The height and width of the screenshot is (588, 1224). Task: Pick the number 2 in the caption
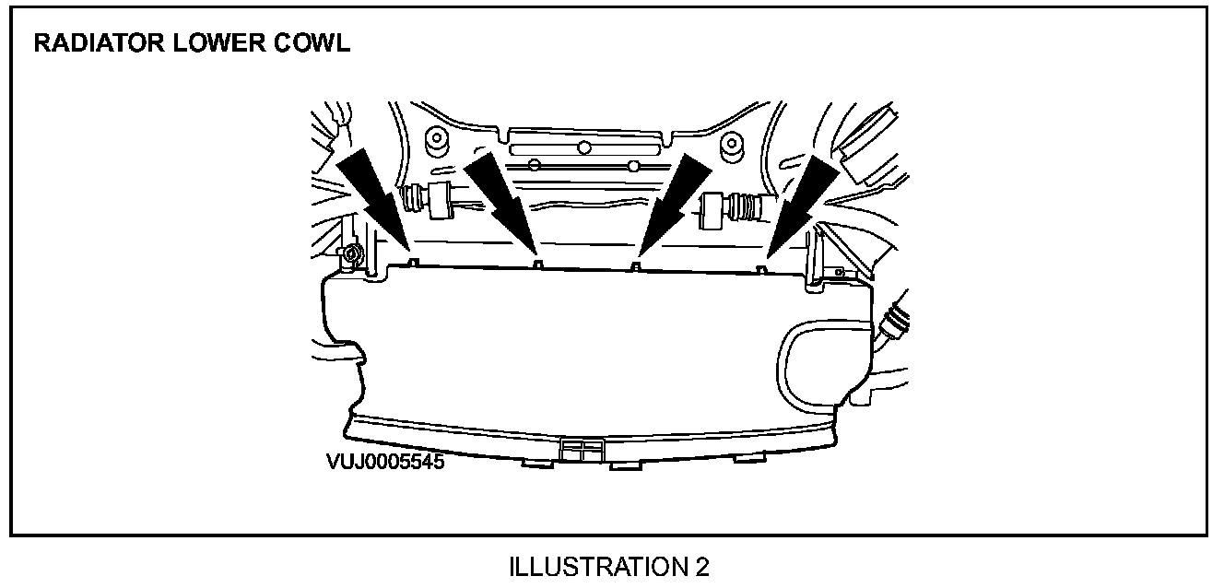coord(702,566)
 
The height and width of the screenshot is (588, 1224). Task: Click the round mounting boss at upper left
coord(435,141)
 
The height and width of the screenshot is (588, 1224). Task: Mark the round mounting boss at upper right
coord(732,143)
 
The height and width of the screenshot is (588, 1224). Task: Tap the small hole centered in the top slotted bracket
coord(583,147)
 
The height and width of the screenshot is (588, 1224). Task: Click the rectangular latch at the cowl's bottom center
coord(581,450)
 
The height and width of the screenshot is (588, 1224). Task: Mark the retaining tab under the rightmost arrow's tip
coord(762,268)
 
